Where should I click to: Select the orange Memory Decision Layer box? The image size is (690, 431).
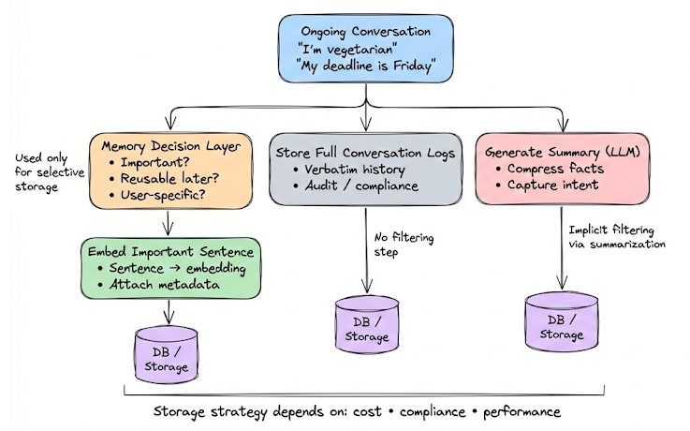(166, 169)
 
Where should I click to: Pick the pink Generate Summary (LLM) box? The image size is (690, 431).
(562, 169)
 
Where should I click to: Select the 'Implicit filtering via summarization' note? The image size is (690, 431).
(617, 237)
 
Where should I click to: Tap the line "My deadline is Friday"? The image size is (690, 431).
(367, 67)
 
